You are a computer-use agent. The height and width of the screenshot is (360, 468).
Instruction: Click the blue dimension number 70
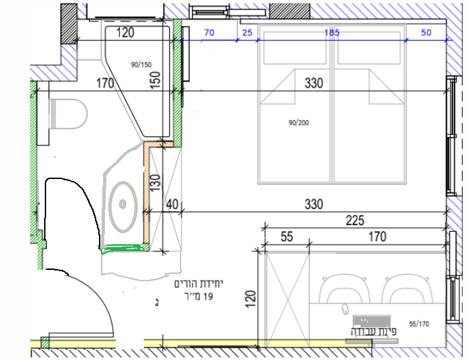[x=209, y=32]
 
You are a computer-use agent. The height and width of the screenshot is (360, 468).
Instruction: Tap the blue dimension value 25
[x=247, y=33]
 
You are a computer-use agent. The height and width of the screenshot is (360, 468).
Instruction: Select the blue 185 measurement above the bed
[x=332, y=32]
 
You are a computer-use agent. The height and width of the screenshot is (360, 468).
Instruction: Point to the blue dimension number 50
[x=426, y=33]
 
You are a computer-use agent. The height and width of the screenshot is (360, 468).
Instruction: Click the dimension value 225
[x=355, y=220]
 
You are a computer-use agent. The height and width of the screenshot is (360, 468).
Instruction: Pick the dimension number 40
[x=172, y=204]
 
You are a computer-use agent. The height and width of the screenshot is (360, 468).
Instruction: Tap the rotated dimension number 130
[x=156, y=183]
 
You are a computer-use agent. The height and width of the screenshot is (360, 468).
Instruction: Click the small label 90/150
[x=141, y=64]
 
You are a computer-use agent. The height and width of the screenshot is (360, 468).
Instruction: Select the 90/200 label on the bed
[x=299, y=123]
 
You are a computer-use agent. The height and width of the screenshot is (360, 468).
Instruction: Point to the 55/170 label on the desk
[x=419, y=324]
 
